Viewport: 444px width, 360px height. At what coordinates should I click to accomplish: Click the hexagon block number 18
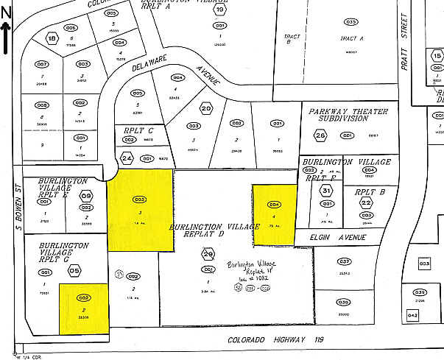click(52, 38)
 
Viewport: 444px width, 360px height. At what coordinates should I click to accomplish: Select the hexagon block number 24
click(127, 158)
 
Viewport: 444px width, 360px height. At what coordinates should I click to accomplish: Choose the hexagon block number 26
click(320, 135)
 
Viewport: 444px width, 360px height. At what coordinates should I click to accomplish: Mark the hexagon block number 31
click(326, 191)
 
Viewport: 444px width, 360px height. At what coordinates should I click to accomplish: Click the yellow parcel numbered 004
click(275, 214)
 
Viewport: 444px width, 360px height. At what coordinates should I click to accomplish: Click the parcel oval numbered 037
click(343, 261)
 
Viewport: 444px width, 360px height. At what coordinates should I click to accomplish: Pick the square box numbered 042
click(412, 316)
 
